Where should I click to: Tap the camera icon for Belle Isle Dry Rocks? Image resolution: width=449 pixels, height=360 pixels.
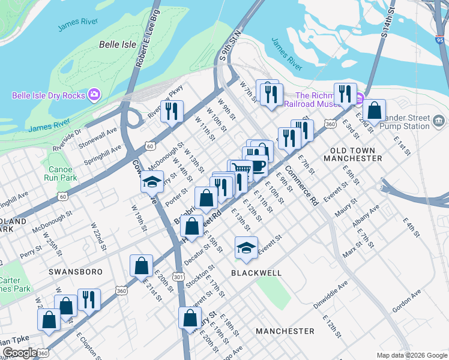(94, 95)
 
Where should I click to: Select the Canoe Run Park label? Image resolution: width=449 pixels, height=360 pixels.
(60, 173)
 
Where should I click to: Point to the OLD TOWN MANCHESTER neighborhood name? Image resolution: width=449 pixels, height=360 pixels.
(352, 154)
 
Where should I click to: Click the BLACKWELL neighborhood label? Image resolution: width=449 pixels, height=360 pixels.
(256, 272)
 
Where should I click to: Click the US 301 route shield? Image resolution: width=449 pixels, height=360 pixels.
(178, 293)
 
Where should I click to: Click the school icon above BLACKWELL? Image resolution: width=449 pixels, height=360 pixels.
(246, 248)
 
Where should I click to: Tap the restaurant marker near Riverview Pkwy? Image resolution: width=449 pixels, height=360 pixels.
(172, 111)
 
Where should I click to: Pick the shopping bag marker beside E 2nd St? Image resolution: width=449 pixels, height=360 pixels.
(374, 110)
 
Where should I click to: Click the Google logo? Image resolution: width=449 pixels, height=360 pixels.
(19, 352)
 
